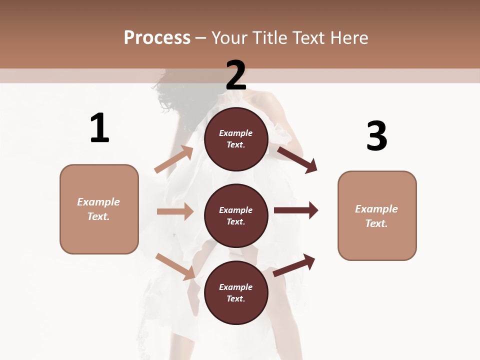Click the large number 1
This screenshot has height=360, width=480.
99,128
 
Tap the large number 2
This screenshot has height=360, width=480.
236,75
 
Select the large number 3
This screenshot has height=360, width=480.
376,136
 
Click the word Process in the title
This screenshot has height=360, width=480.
157,37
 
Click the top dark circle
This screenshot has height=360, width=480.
236,139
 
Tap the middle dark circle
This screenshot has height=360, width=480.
236,215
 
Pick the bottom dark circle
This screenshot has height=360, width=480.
236,292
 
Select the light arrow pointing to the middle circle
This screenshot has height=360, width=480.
175,211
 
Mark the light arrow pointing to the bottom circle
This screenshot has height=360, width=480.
175,266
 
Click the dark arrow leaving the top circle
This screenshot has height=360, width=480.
297,159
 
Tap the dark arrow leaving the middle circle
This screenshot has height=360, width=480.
296,210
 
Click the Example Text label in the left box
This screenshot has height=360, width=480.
98,209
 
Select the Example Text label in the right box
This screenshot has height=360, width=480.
376,216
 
